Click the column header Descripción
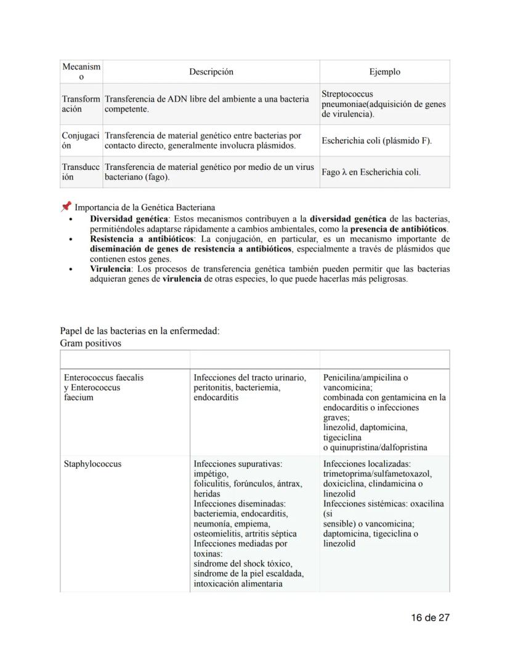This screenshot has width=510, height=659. click(211, 72)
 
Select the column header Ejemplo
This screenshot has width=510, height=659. click(384, 72)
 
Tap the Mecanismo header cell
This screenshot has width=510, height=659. click(81, 71)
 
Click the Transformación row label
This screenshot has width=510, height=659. click(81, 103)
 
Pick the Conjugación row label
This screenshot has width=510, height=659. click(81, 140)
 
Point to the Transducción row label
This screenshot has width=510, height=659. click(81, 172)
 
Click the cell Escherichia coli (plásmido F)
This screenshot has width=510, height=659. click(376, 141)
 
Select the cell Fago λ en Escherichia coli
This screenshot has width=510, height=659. click(371, 172)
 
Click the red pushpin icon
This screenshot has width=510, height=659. click(67, 207)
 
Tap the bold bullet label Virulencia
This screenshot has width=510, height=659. click(110, 269)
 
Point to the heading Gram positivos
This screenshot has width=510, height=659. click(91, 343)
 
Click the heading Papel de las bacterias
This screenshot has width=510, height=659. click(139, 331)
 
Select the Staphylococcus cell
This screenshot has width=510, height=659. click(92, 464)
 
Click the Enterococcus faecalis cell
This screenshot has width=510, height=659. click(103, 378)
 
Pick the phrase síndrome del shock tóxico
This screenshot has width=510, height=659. click(243, 564)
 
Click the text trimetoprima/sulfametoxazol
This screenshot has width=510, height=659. click(377, 474)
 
